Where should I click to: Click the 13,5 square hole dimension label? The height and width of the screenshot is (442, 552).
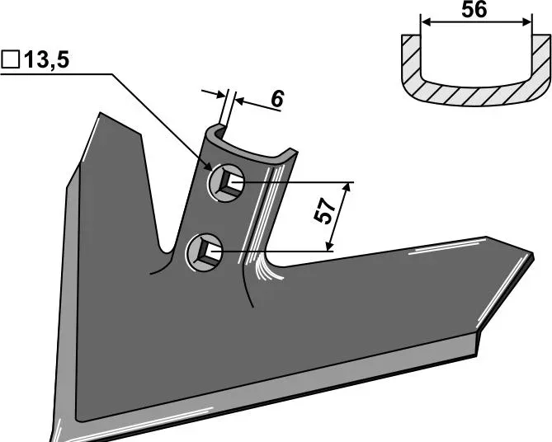37,60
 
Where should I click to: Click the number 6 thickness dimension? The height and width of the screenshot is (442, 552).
277,99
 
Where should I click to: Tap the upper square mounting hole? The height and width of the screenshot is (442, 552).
225,182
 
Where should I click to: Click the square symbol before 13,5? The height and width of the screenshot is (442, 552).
11,60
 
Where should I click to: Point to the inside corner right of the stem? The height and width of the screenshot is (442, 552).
281,266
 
